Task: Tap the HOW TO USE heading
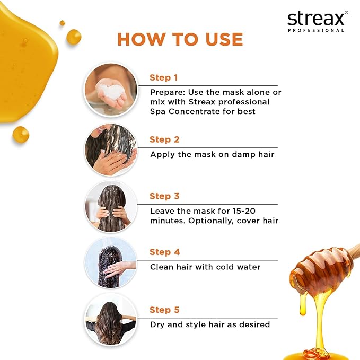(x=180, y=39)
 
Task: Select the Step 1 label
(x=164, y=77)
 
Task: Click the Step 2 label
(x=164, y=139)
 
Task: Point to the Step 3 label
(x=164, y=196)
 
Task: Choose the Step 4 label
(x=164, y=252)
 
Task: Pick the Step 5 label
(x=164, y=310)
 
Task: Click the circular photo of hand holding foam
(x=111, y=89)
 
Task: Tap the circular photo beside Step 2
(x=111, y=151)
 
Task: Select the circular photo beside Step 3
(x=111, y=207)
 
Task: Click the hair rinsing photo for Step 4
(x=111, y=263)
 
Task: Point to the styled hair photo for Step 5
(x=111, y=320)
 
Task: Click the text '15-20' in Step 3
(x=245, y=210)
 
